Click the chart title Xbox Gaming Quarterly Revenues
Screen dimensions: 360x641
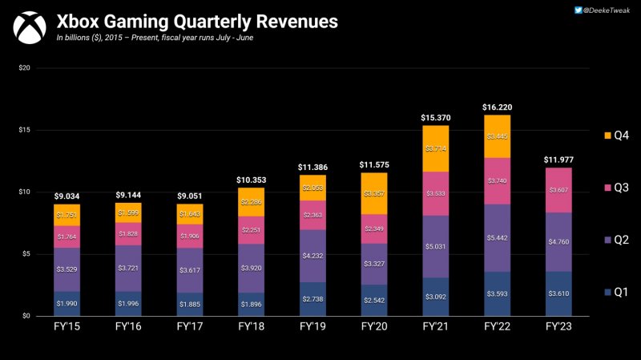click(x=191, y=19)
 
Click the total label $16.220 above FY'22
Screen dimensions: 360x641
click(x=497, y=107)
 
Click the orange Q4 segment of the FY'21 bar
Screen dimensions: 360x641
click(x=435, y=149)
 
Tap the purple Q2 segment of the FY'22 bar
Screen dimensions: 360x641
click(x=497, y=238)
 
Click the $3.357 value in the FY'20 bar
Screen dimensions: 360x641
click(x=374, y=193)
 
